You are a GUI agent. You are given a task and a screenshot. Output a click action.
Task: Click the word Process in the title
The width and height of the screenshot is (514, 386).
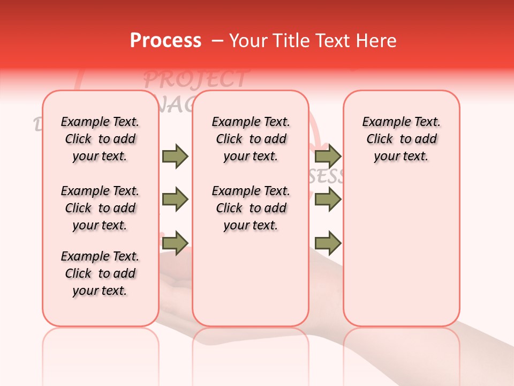(x=165, y=41)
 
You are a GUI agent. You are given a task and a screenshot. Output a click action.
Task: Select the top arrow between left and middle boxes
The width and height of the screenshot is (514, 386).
(x=175, y=156)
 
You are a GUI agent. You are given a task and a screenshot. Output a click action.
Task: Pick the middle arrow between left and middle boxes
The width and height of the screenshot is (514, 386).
(x=175, y=200)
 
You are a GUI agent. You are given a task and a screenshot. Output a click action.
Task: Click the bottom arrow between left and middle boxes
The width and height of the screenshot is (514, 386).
(x=175, y=243)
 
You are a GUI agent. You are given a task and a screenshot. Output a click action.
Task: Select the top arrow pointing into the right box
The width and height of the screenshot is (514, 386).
(x=328, y=156)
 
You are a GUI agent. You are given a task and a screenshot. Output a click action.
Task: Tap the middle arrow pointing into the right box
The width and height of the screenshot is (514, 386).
(x=328, y=200)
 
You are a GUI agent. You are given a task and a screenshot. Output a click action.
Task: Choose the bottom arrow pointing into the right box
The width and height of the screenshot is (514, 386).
(x=328, y=243)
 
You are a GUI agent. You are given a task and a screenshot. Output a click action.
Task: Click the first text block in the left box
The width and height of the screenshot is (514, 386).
(x=100, y=139)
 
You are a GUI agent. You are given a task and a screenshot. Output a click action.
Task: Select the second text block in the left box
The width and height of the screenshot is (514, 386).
(x=100, y=208)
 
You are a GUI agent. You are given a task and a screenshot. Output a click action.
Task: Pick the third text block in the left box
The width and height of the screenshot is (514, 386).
(x=100, y=273)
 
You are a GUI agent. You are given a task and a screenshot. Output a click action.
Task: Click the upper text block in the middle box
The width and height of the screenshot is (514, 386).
(x=251, y=139)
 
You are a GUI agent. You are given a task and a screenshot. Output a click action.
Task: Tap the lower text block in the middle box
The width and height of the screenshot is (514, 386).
(x=251, y=208)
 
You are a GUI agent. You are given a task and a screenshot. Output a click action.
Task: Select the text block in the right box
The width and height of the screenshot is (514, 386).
(x=401, y=139)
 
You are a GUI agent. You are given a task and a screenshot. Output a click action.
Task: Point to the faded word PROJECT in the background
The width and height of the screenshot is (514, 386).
(x=195, y=79)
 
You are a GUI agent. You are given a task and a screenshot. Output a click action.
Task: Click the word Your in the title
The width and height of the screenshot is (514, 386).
(x=246, y=41)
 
